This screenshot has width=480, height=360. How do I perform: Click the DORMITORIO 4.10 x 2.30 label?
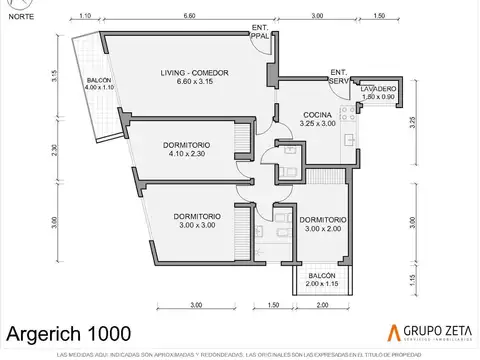pyautogui.click(x=186, y=151)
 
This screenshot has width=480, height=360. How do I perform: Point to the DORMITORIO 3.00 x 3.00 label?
pyautogui.click(x=196, y=221)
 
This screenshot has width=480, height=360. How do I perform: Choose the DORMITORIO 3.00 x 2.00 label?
pyautogui.click(x=322, y=224)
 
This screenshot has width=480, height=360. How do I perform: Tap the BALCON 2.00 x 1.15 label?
pyautogui.click(x=322, y=279)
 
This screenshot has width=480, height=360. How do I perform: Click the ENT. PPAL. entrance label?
pyautogui.click(x=260, y=32)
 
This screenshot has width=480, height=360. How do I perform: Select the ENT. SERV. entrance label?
pyautogui.click(x=339, y=76)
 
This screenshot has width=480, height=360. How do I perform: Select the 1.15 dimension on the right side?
pyautogui.click(x=412, y=279)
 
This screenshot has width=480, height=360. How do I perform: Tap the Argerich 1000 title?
pyautogui.click(x=68, y=331)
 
